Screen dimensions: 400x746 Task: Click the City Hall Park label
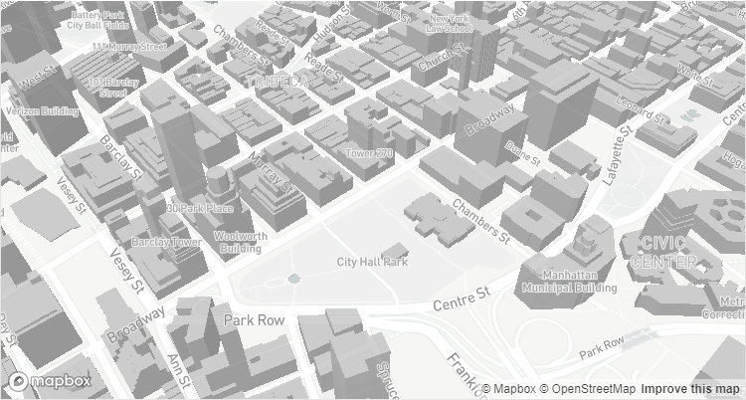click(x=372, y=263)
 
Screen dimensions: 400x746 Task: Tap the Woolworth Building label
click(x=239, y=242)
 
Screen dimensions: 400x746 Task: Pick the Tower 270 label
click(x=369, y=153)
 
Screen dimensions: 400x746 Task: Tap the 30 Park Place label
click(x=200, y=208)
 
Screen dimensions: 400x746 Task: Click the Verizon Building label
click(x=42, y=110)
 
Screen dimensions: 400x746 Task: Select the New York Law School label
click(x=449, y=23)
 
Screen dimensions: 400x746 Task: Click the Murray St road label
click(x=271, y=175)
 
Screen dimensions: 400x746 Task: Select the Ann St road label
click(x=179, y=372)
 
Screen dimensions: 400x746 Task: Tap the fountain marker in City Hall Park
click(x=294, y=279)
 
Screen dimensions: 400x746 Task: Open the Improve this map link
click(x=691, y=389)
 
